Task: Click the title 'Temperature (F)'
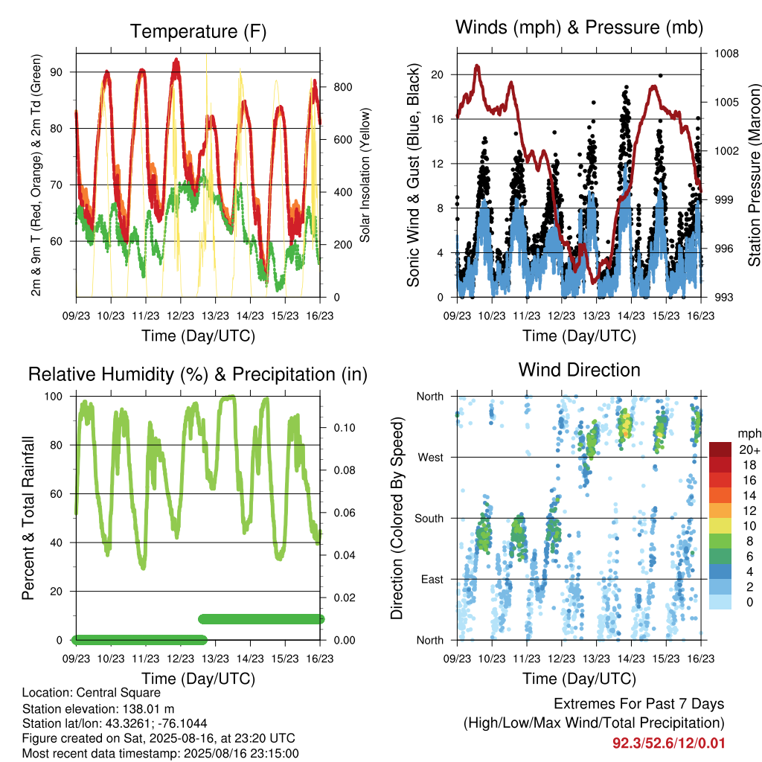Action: pyautogui.click(x=198, y=31)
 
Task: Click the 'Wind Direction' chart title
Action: pyautogui.click(x=579, y=370)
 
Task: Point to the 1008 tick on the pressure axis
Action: pyautogui.click(x=726, y=54)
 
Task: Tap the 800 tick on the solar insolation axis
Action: pyautogui.click(x=343, y=88)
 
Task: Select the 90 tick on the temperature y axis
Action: pyautogui.click(x=57, y=72)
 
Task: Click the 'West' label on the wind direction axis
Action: pyautogui.click(x=431, y=458)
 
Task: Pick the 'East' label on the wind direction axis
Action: pyautogui.click(x=432, y=579)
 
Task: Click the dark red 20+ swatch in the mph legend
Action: pyautogui.click(x=720, y=449)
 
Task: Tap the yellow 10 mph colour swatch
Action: pyautogui.click(x=720, y=526)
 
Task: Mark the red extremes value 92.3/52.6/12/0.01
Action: pyautogui.click(x=669, y=743)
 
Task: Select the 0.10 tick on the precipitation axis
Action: pyautogui.click(x=345, y=428)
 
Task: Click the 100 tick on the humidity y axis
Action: pyautogui.click(x=54, y=397)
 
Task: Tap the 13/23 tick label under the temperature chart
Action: pyautogui.click(x=215, y=316)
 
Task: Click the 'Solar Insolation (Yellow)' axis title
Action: pyautogui.click(x=365, y=175)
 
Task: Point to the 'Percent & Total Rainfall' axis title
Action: pyautogui.click(x=29, y=518)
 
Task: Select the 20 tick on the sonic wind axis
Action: pyautogui.click(x=438, y=75)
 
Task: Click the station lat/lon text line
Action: pyautogui.click(x=115, y=723)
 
